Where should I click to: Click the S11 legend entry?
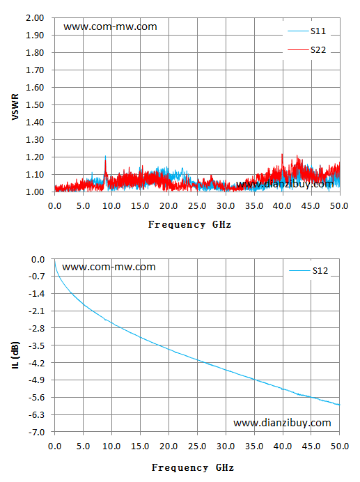click(x=306, y=31)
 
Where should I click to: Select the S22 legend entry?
click(x=306, y=49)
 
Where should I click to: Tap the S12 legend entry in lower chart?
click(x=308, y=270)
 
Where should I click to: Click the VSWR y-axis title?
click(x=15, y=107)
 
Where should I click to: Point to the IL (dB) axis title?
click(x=15, y=355)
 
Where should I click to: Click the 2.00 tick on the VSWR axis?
click(x=35, y=18)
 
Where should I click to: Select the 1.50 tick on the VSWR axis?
click(x=35, y=104)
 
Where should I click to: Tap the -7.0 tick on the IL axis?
click(x=37, y=433)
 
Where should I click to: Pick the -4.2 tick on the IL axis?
click(x=37, y=363)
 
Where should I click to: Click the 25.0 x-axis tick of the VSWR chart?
click(x=197, y=206)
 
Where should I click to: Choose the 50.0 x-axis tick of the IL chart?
click(x=339, y=446)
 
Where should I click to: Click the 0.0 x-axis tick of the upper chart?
click(x=55, y=206)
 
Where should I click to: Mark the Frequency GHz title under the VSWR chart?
click(x=189, y=225)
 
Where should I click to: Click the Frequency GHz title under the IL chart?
click(x=193, y=468)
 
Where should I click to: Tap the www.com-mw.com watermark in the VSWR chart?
click(x=110, y=26)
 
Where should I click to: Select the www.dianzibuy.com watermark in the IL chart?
click(x=282, y=423)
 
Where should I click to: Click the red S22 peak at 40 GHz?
click(x=282, y=155)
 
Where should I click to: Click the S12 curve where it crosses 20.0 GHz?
click(x=169, y=349)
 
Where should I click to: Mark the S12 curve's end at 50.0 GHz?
click(x=339, y=405)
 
